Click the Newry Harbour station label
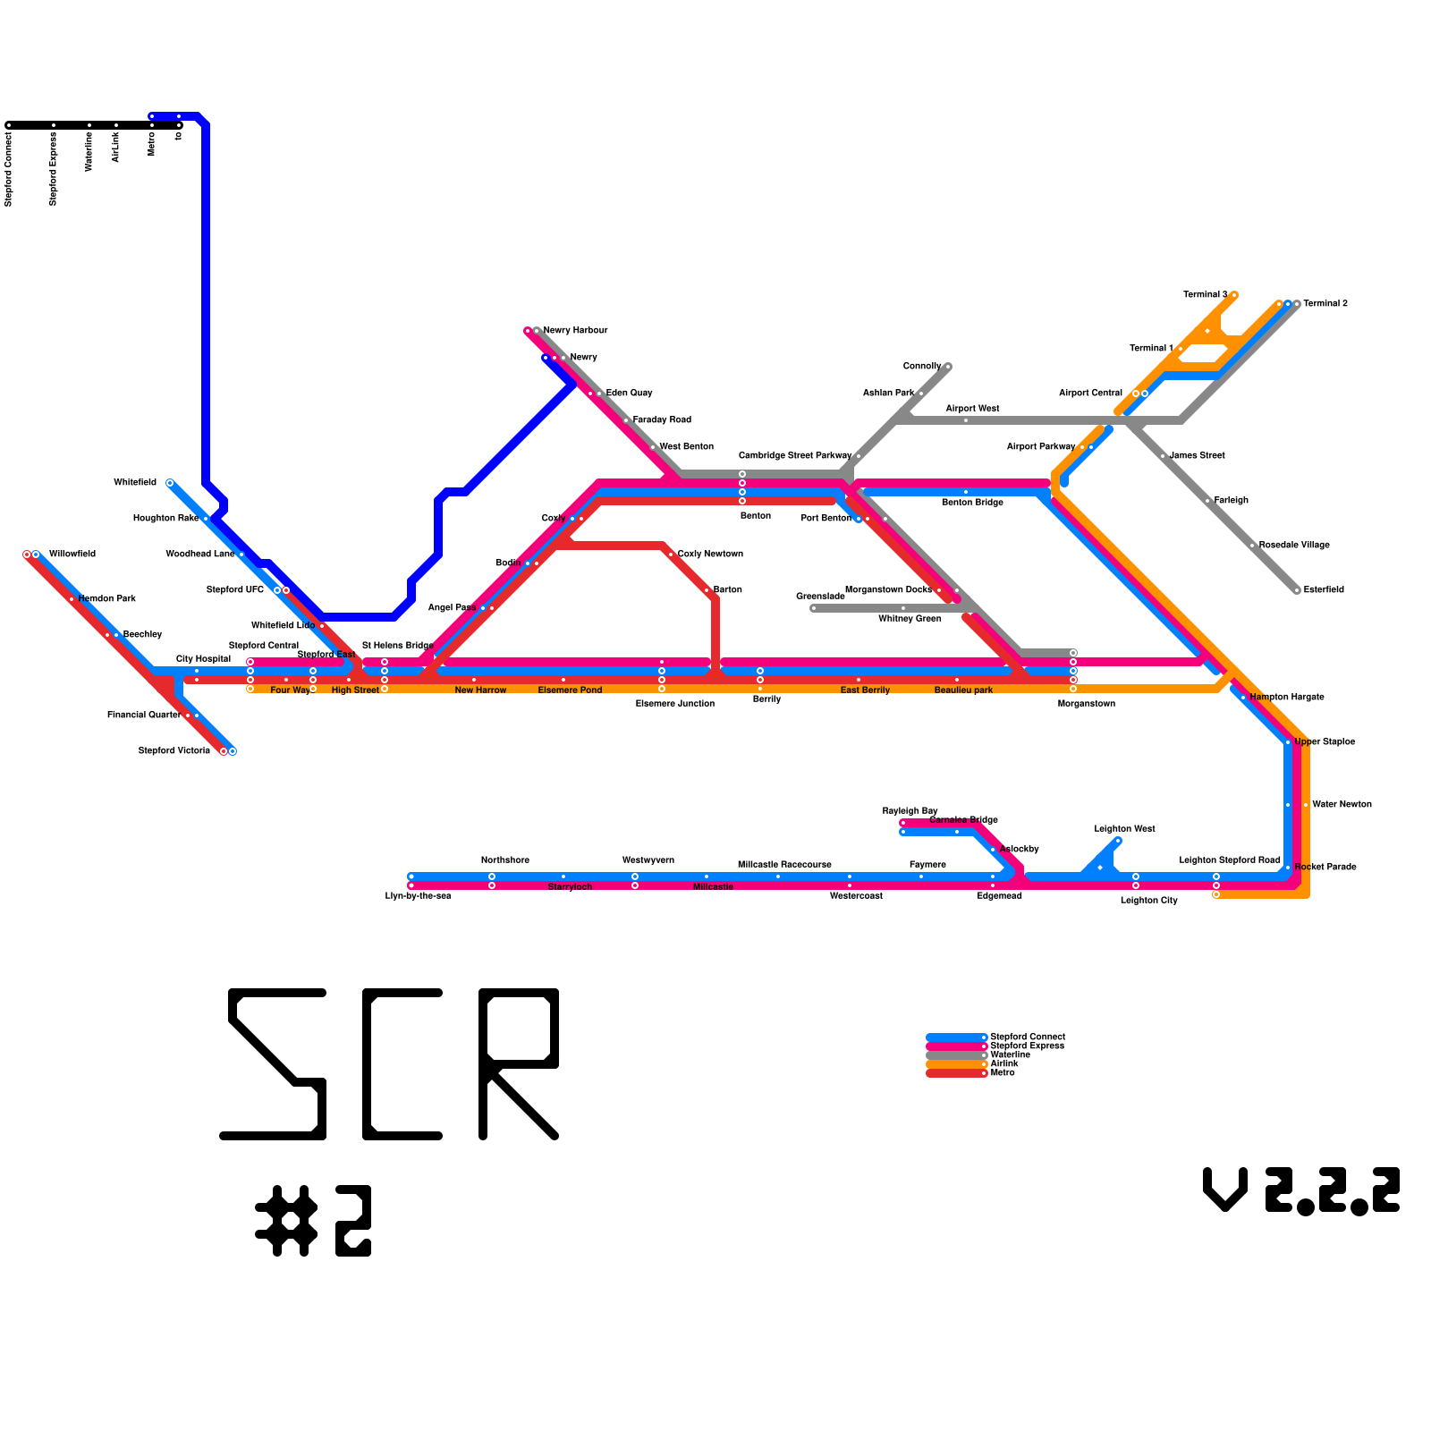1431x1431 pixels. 575,331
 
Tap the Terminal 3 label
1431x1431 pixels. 1205,295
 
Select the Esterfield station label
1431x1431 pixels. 1324,590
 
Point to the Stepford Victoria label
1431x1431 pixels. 174,751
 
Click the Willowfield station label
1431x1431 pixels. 72,555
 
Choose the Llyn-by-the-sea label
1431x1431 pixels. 418,896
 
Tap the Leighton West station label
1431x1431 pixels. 1124,829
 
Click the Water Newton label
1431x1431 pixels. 1342,805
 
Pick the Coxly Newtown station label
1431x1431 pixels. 710,555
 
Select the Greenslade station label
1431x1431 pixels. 820,597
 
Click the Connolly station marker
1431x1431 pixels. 948,367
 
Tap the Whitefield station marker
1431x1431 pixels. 170,483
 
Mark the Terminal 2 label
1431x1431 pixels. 1325,304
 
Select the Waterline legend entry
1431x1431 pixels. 1010,1055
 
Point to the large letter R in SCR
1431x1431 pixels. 519,1064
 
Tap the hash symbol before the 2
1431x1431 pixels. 286,1221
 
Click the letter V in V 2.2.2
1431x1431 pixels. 1225,1190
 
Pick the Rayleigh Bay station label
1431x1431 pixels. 910,811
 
